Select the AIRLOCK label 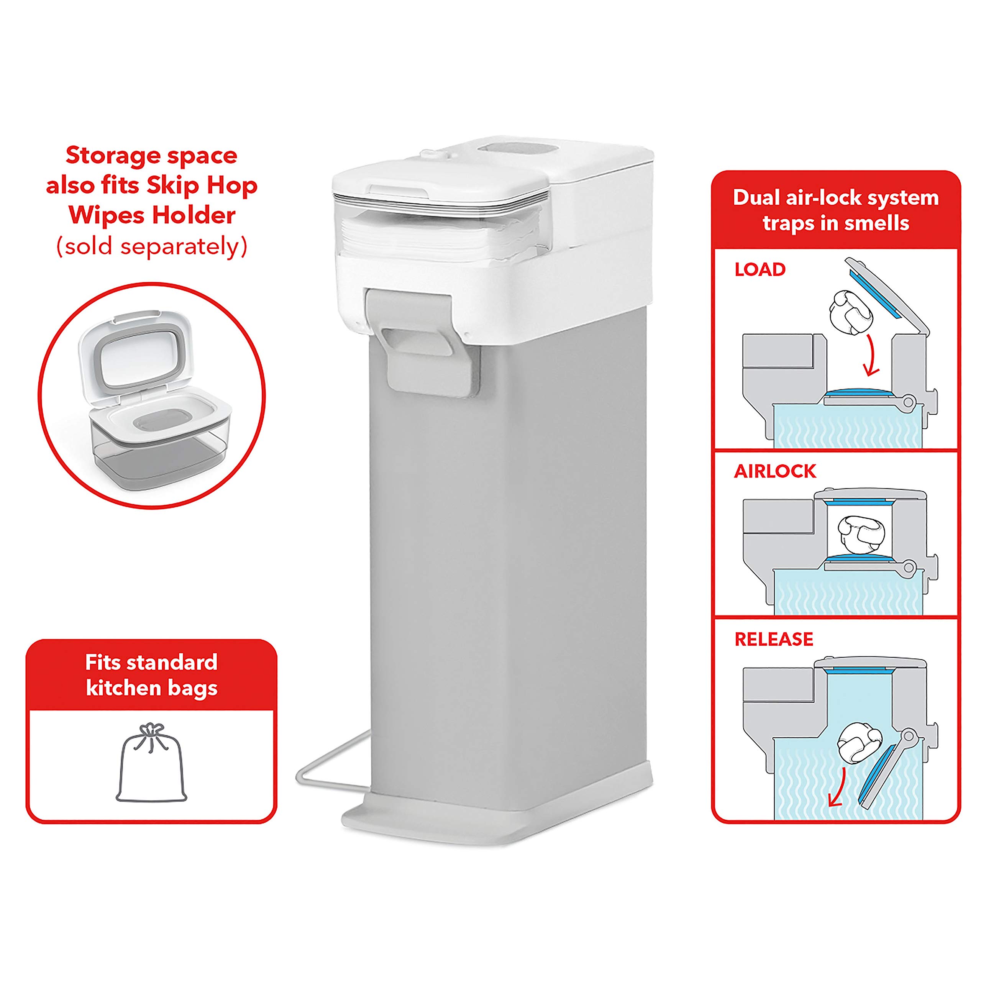pyautogui.click(x=775, y=471)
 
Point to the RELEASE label pyautogui.click(x=774, y=639)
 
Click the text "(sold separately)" pyautogui.click(x=151, y=247)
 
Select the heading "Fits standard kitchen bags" pyautogui.click(x=151, y=675)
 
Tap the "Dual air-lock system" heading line pyautogui.click(x=836, y=197)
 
